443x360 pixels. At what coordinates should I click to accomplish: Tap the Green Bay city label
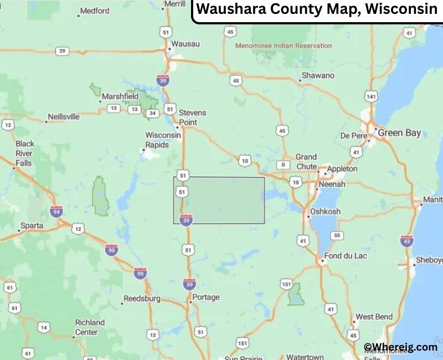399,133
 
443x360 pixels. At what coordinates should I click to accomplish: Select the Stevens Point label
192,117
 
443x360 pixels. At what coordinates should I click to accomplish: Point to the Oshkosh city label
325,212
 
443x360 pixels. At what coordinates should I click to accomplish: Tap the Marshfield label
120,96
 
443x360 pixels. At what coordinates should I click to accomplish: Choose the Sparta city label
31,226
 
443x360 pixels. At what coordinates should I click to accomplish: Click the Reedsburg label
142,299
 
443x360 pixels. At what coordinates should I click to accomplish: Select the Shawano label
318,75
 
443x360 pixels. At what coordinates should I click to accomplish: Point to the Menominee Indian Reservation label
284,46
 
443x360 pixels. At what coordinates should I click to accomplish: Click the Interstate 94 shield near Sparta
56,211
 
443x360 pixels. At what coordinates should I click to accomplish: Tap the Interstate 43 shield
406,240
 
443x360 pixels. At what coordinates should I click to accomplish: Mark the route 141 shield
371,97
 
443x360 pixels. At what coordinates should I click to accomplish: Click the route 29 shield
62,52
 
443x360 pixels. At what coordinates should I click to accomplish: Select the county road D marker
284,164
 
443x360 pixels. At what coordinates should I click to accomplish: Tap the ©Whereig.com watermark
400,347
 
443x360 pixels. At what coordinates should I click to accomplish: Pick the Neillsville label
64,117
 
